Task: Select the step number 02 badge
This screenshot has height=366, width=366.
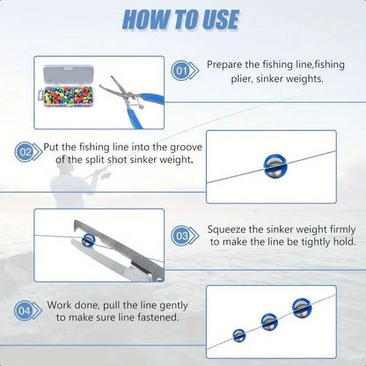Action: pyautogui.click(x=25, y=151)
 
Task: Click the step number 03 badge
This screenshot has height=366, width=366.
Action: pyautogui.click(x=182, y=236)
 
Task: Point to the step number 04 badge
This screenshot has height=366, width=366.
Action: pyautogui.click(x=25, y=310)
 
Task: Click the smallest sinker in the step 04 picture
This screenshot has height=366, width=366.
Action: pyautogui.click(x=238, y=335)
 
